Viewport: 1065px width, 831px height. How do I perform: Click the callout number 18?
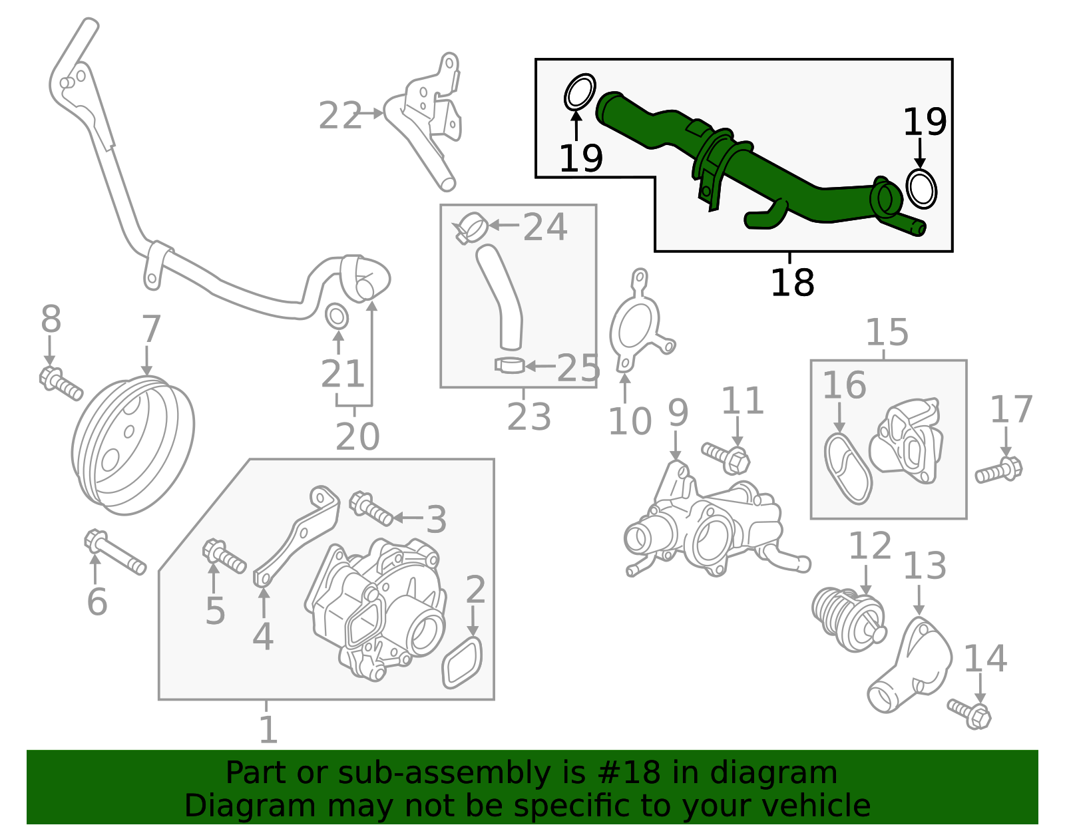pyautogui.click(x=791, y=283)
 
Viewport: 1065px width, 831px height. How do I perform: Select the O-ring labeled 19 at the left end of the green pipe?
pyautogui.click(x=580, y=92)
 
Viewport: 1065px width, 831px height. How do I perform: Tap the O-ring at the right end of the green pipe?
pyautogui.click(x=921, y=188)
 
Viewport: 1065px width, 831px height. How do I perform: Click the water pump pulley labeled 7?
pyautogui.click(x=132, y=445)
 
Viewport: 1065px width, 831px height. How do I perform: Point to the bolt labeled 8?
pyautogui.click(x=61, y=384)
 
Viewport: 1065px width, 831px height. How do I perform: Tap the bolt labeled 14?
pyautogui.click(x=969, y=713)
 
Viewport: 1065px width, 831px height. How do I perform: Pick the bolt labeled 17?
pyautogui.click(x=999, y=470)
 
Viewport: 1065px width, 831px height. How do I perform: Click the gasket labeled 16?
pyautogui.click(x=847, y=468)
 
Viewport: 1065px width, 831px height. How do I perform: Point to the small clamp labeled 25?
pyautogui.click(x=510, y=365)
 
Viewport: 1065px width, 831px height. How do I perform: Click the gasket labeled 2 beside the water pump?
pyautogui.click(x=462, y=663)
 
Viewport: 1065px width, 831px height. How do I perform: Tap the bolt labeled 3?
pyautogui.click(x=371, y=508)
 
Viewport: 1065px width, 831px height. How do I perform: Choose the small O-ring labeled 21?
pyautogui.click(x=337, y=317)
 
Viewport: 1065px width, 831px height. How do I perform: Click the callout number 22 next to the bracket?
pyautogui.click(x=339, y=116)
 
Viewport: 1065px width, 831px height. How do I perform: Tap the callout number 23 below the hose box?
pyautogui.click(x=529, y=418)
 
